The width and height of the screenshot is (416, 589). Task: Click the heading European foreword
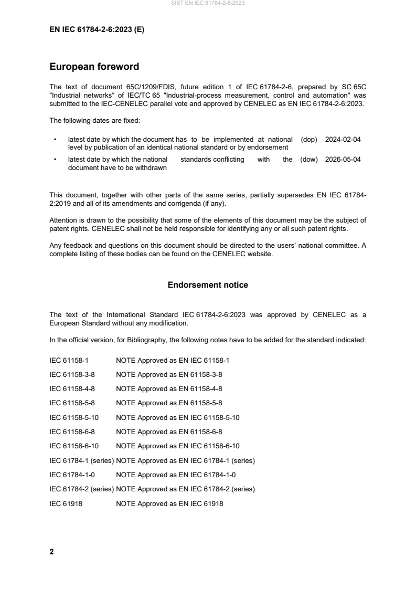tap(94, 67)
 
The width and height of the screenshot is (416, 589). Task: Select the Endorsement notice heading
tap(208, 285)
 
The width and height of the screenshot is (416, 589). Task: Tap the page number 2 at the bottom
tap(51, 552)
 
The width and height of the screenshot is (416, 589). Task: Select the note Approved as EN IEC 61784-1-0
tap(176, 475)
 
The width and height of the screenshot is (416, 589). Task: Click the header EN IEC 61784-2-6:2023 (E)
tap(97, 30)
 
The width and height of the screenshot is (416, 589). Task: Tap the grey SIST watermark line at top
tap(208, 3)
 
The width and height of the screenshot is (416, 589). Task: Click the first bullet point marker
tap(55, 140)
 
